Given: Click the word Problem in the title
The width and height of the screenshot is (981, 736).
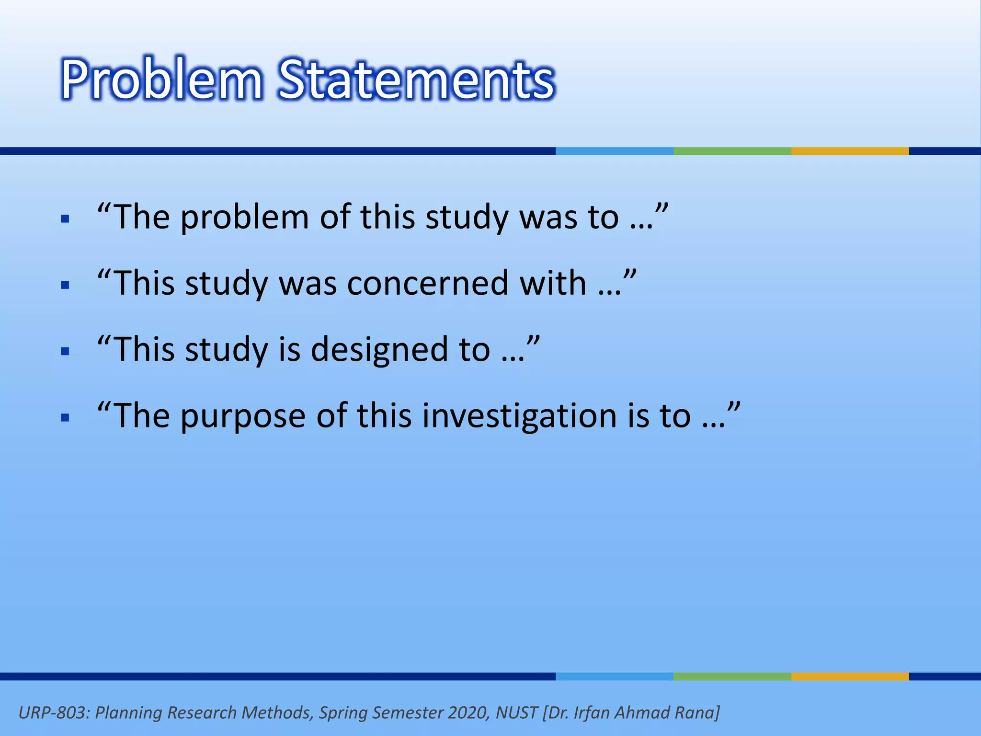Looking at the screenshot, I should point(161,79).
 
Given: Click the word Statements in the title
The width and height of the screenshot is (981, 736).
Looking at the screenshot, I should point(416,79).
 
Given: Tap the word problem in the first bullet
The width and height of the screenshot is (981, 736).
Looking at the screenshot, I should point(244,218).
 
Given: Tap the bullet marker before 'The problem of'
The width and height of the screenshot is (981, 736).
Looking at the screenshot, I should point(66,220).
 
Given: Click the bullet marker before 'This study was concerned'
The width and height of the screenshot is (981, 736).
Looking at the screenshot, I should point(66,286).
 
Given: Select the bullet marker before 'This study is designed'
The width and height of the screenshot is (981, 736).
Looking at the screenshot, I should point(66,352).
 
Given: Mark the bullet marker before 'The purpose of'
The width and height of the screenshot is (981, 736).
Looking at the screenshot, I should point(66,417).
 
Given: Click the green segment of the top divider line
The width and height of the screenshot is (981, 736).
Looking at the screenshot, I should point(732,151).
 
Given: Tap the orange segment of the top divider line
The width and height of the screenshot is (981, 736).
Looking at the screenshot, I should point(850,151).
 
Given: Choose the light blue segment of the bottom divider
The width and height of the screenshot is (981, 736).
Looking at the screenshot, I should point(614,677).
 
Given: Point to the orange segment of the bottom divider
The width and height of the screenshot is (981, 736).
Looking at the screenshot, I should point(850,677).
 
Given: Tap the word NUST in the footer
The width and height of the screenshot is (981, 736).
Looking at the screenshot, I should point(516,713).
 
